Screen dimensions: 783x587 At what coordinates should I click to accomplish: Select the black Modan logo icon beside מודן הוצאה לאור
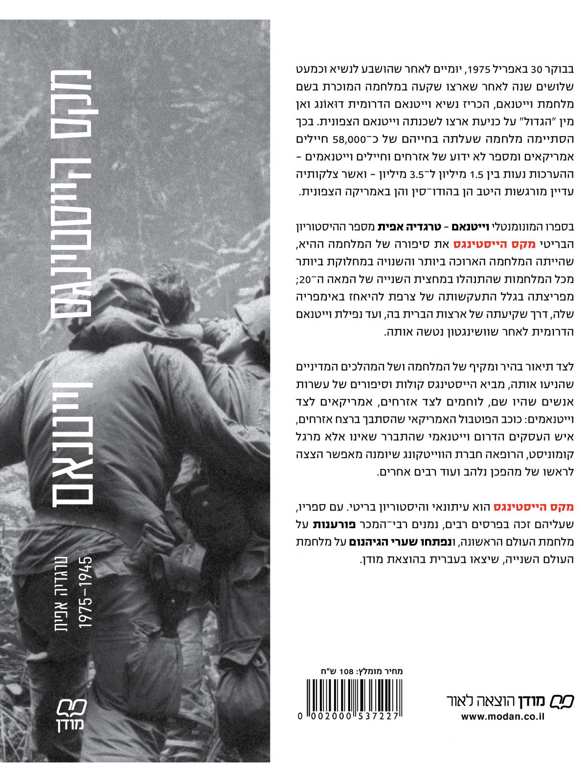tap(562, 701)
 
